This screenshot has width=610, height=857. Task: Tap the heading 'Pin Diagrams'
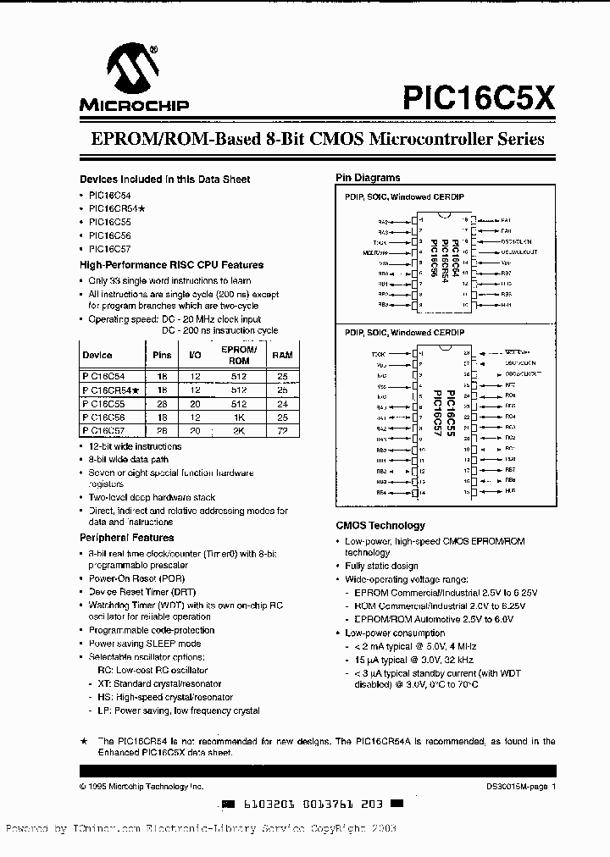tap(368, 178)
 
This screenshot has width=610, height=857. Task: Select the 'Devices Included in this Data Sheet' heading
tap(164, 180)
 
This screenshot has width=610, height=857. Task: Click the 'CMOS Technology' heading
tap(380, 526)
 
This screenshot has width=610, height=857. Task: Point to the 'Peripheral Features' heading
tap(126, 538)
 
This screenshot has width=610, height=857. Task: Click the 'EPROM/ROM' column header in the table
tap(238, 355)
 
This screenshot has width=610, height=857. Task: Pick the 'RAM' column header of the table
tap(282, 356)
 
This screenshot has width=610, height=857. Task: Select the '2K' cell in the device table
tap(238, 430)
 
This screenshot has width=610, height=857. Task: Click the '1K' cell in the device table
tap(238, 417)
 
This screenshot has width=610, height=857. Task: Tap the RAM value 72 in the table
tap(282, 430)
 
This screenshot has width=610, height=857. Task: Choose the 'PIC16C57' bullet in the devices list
tap(109, 249)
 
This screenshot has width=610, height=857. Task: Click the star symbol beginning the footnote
tap(83, 740)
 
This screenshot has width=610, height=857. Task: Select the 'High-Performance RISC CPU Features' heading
tap(171, 265)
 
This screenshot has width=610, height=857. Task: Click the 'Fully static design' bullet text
tap(381, 566)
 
